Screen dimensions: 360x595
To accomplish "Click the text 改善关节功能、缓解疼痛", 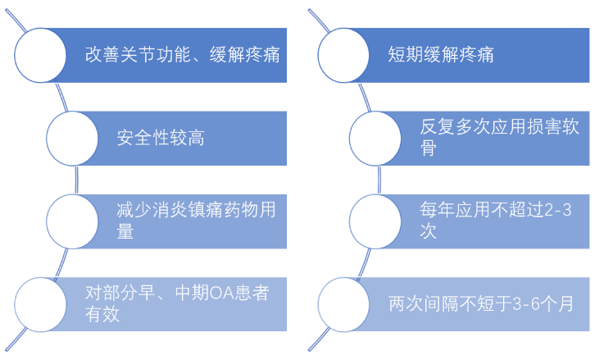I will point(183,56).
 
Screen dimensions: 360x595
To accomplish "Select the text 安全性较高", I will point(161,138).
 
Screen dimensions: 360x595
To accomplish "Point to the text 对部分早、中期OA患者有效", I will point(177,303).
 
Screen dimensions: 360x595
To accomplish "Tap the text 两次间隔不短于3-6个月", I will point(480,304).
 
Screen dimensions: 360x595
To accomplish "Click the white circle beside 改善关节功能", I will point(40,56).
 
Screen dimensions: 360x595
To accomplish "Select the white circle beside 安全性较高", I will point(72,139).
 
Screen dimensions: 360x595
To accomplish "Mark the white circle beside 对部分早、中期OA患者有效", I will point(40,304).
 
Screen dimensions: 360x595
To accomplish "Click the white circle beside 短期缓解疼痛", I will point(343,56).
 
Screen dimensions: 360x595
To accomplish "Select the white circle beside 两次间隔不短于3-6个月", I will point(343,304).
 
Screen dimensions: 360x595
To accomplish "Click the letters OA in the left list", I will point(221,293).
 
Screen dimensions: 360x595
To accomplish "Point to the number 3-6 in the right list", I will point(528,304).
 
